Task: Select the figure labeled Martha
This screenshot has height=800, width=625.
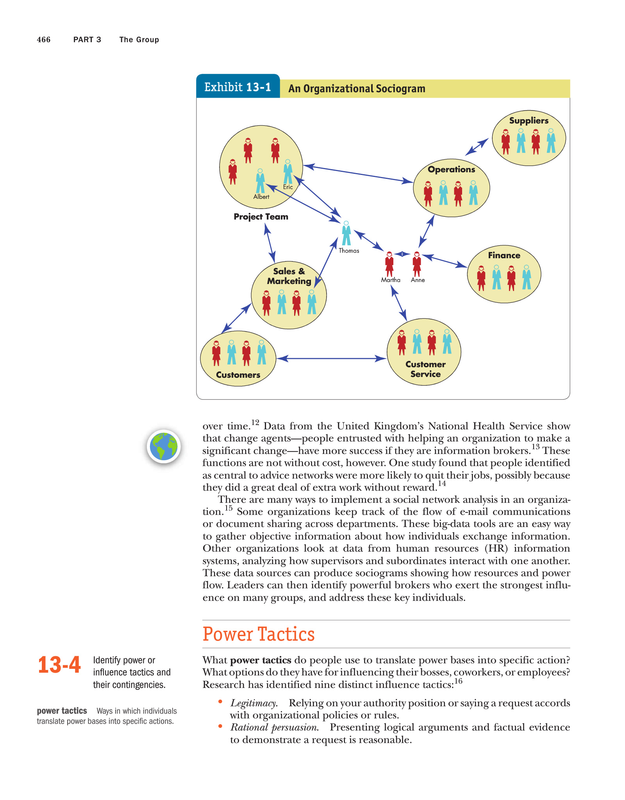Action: coord(389,264)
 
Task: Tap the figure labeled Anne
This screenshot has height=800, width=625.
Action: coord(417,264)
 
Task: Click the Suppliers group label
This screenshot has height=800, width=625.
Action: coord(529,121)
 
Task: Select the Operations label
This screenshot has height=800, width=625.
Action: coord(451,170)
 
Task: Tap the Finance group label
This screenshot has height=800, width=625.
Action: coord(504,255)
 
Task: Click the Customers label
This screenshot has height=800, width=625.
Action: coord(238,375)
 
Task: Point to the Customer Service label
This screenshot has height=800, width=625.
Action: coord(425,369)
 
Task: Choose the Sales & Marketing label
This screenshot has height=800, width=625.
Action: coord(289,276)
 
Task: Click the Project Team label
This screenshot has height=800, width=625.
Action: coord(261,217)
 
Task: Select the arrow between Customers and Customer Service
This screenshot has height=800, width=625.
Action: coord(331,358)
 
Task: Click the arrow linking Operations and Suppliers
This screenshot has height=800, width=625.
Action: coord(477,147)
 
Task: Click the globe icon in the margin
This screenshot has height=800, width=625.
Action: coord(164,446)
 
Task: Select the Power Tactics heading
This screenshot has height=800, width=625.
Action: coord(259,634)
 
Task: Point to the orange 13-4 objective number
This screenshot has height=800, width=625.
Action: coord(59,665)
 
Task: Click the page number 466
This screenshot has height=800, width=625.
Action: coord(44,40)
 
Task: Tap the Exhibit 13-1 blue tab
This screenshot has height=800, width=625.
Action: coord(237,87)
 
